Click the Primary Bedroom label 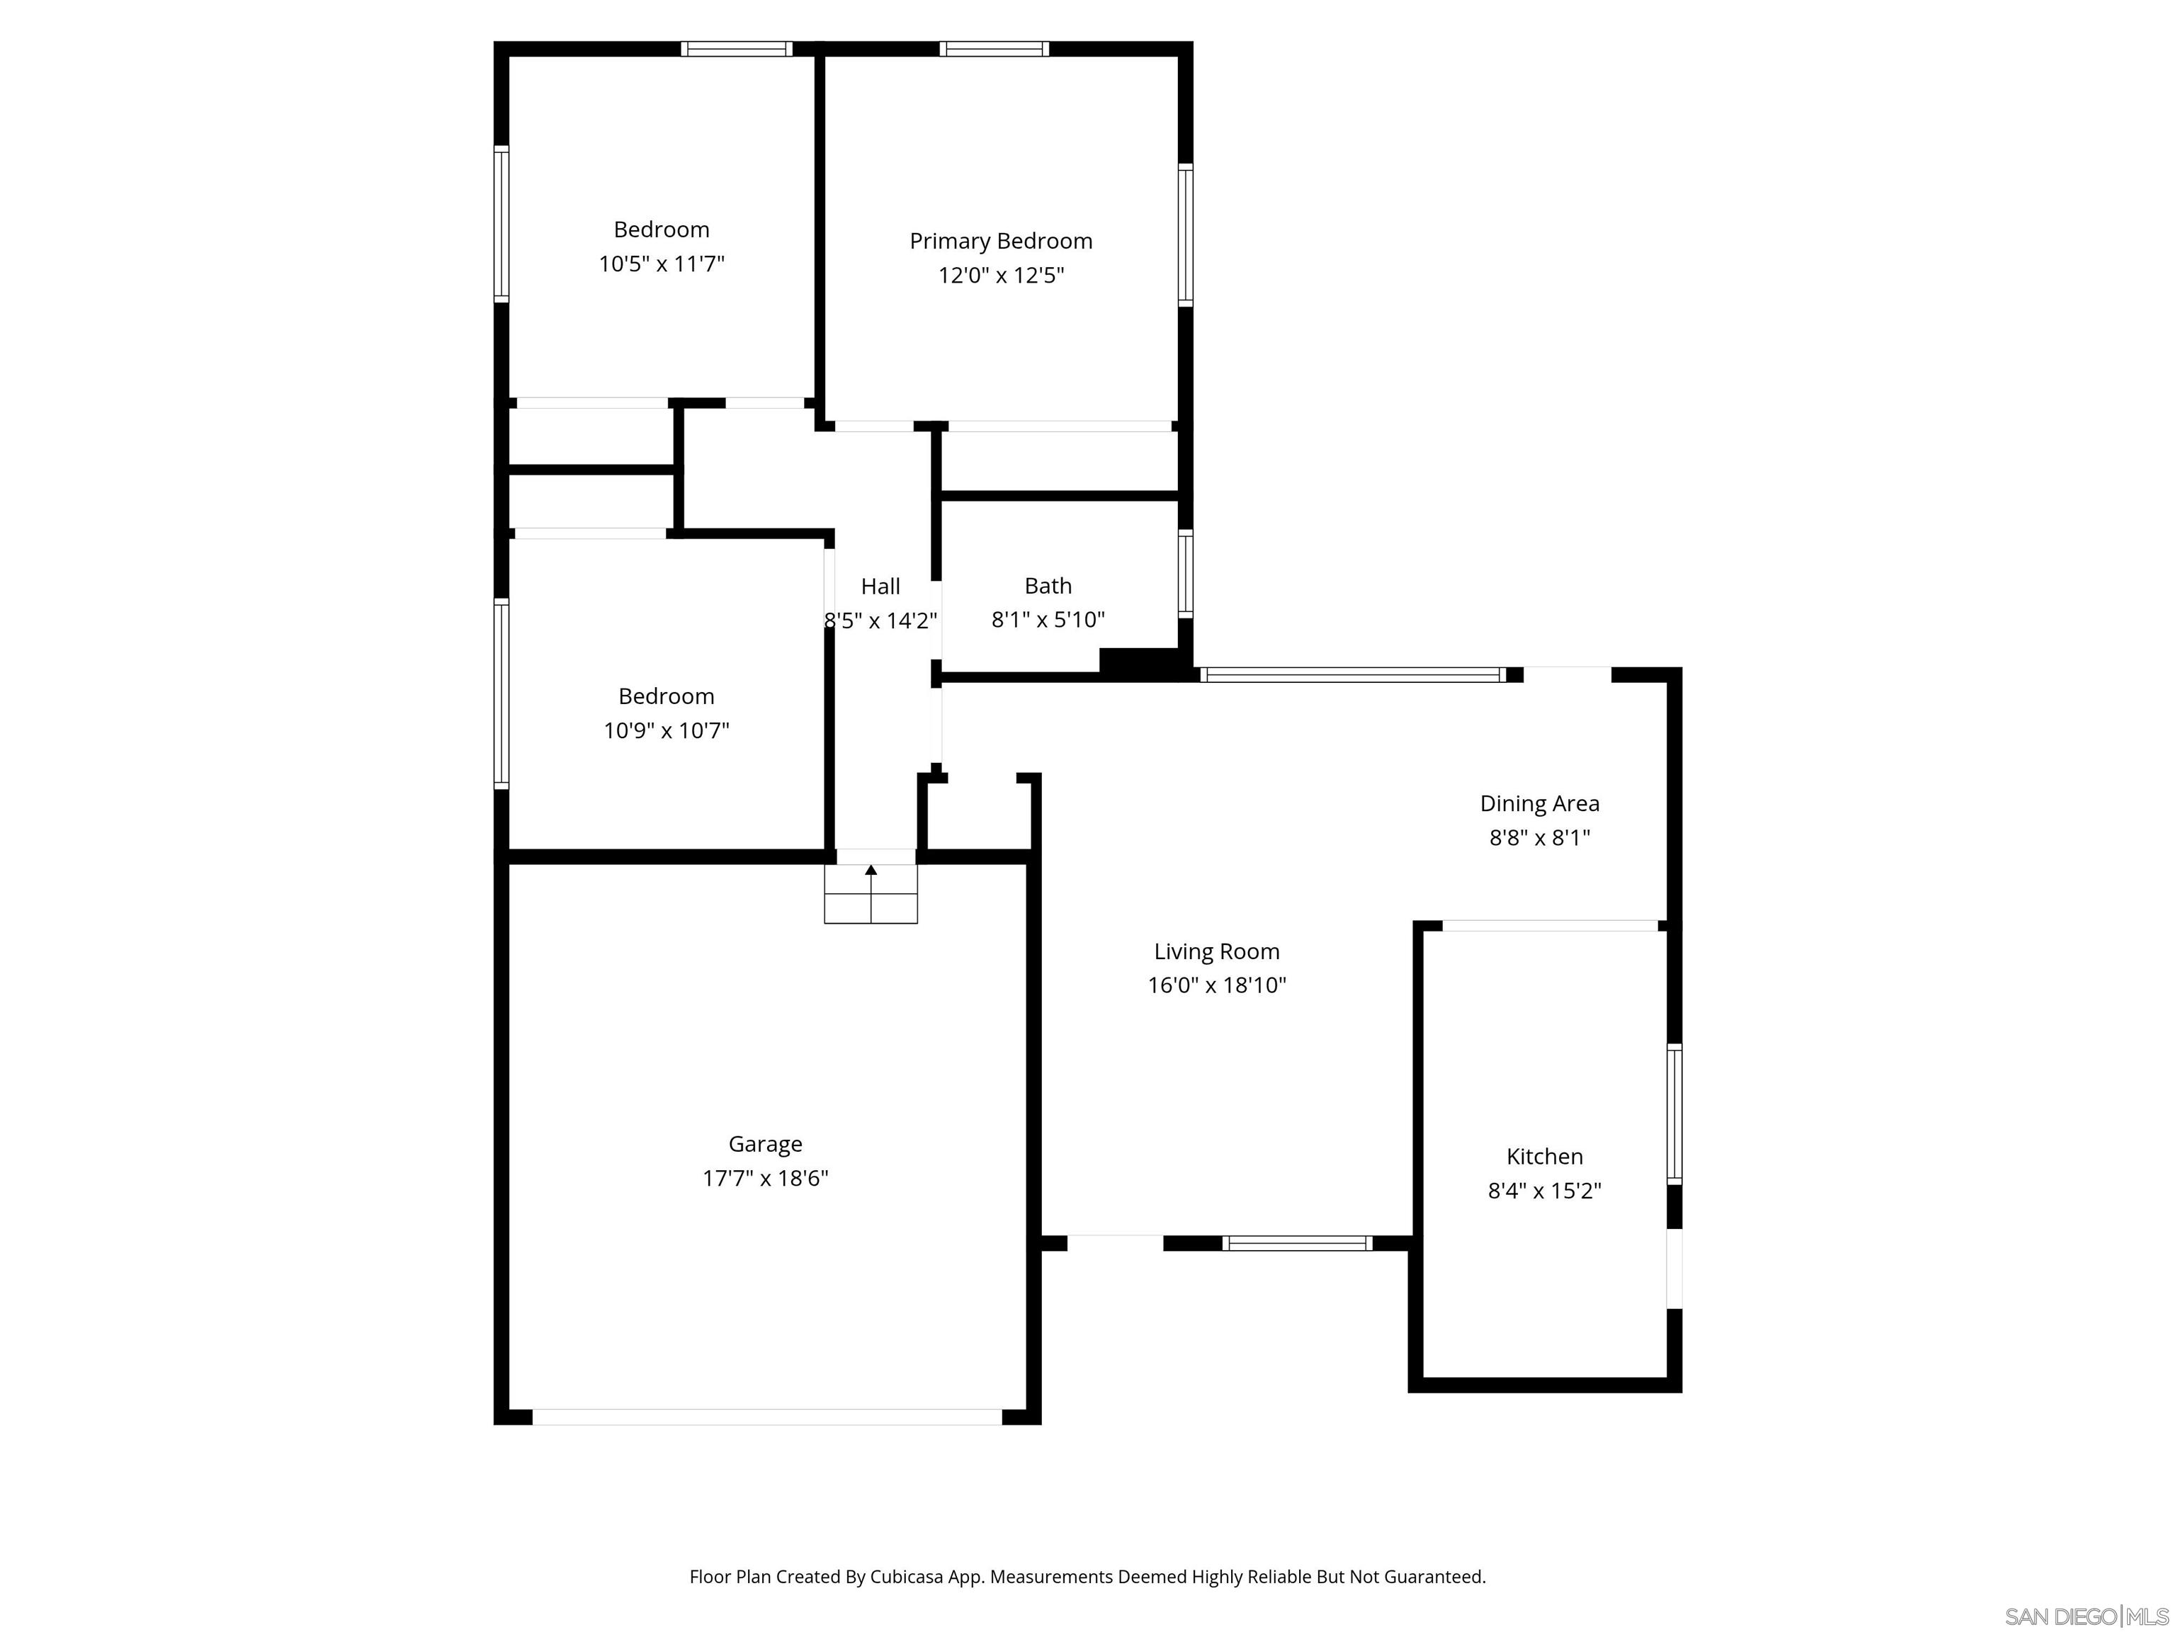1000,241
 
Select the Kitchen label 1544,1157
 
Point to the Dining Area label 1539,804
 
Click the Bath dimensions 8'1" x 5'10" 1048,620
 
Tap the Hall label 880,586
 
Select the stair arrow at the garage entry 871,871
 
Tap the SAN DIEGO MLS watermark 2085,1616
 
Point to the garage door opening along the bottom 766,1417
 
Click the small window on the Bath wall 1185,574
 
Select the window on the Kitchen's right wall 1674,1113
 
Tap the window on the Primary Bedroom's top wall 994,49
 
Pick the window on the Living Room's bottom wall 1296,1243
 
